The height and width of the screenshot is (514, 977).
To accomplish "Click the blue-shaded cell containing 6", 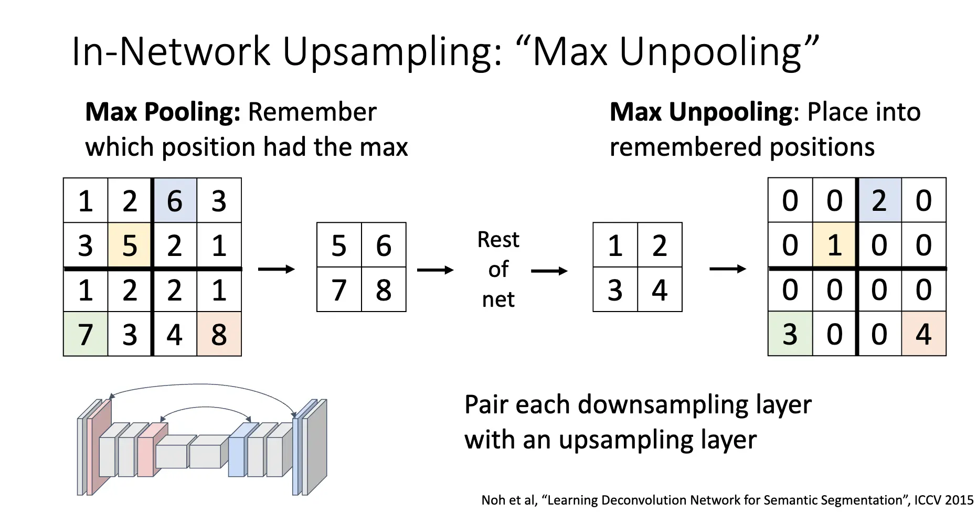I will (175, 200).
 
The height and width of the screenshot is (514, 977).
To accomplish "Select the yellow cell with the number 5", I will (130, 245).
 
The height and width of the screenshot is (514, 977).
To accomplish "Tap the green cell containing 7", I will (86, 334).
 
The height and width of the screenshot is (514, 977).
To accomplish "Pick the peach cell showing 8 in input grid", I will (219, 334).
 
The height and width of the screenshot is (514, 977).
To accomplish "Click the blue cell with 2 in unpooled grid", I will (879, 200).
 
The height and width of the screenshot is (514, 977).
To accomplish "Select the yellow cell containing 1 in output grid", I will (835, 245).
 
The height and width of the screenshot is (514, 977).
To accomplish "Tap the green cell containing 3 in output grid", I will (790, 334).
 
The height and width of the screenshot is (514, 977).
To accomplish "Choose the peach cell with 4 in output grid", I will (924, 334).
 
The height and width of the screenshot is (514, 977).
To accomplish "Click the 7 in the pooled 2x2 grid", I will (339, 290).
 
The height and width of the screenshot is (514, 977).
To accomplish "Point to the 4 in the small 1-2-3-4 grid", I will (660, 290).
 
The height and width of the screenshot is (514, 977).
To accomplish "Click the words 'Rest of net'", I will (498, 269).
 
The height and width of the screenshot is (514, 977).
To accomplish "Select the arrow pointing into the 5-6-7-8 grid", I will (277, 269).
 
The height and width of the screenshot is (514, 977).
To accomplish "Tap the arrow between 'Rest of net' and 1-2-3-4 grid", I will (549, 271).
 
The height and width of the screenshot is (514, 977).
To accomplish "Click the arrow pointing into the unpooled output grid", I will (728, 269).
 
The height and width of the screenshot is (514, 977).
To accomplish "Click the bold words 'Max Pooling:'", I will (163, 112).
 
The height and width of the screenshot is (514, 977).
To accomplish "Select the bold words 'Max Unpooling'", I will (701, 112).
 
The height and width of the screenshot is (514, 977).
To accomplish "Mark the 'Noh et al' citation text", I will (509, 500).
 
